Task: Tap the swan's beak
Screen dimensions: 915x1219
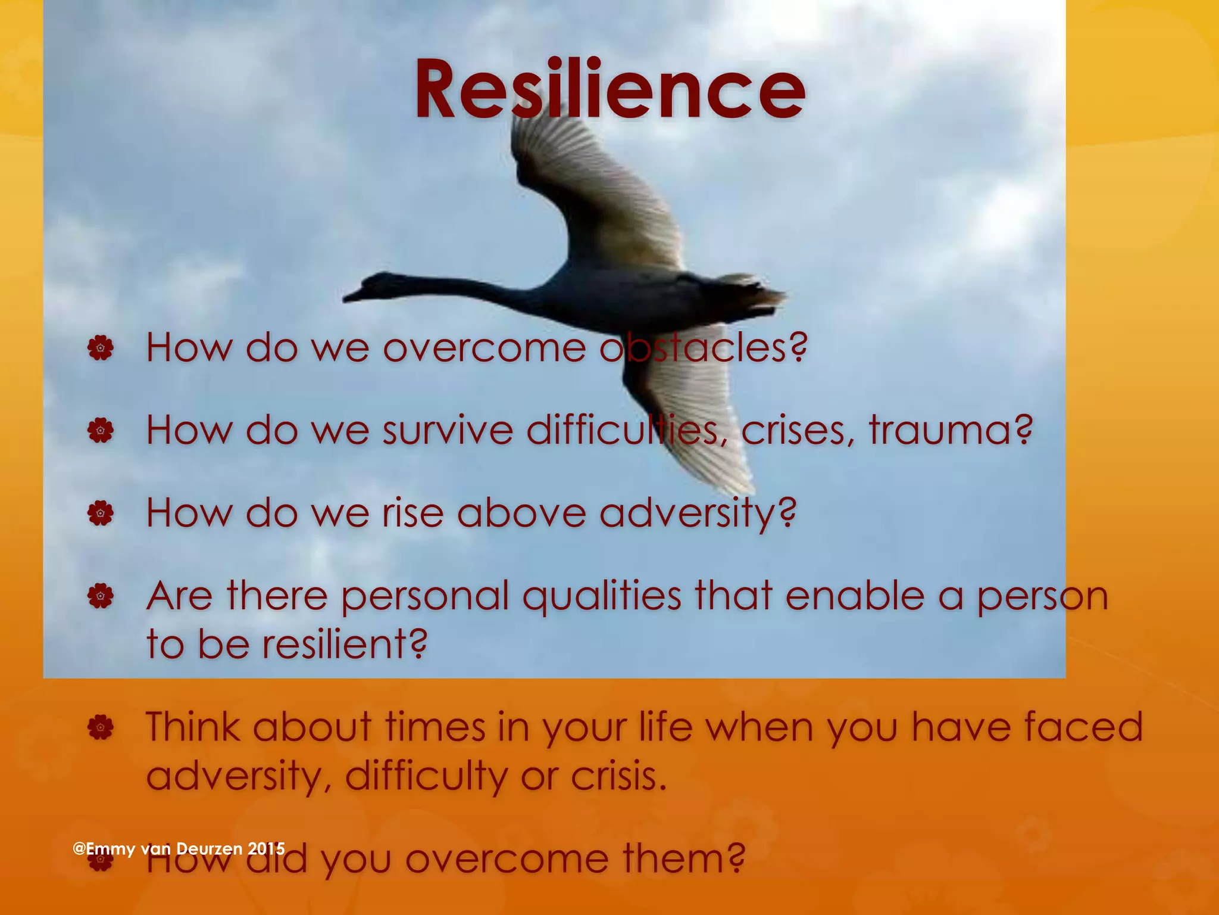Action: [351, 294]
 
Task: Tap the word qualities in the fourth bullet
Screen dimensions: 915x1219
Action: [602, 596]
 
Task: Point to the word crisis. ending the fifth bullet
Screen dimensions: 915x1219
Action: [618, 776]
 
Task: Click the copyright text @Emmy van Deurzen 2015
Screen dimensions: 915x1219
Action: [179, 848]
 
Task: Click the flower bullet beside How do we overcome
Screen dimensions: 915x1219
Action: [100, 348]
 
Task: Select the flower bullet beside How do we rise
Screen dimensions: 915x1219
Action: [100, 513]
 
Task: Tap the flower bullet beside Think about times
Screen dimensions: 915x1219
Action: [100, 727]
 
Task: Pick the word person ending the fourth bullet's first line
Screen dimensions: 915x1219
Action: [1042, 597]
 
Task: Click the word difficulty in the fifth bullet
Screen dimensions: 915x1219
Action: [426, 776]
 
